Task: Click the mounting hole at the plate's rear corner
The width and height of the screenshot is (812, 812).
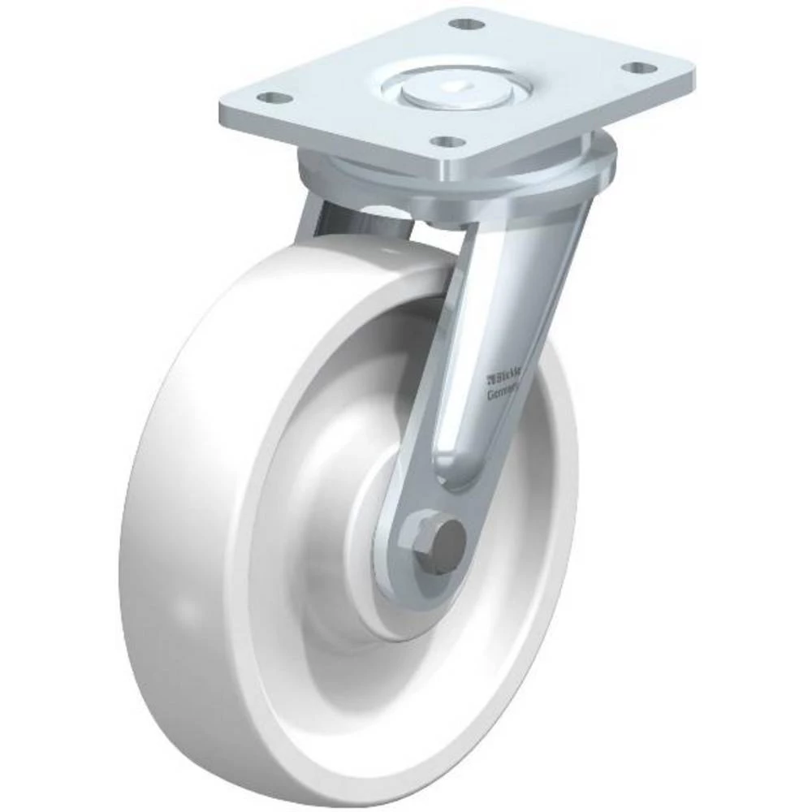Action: click(x=461, y=24)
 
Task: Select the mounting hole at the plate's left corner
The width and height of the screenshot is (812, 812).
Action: click(x=277, y=98)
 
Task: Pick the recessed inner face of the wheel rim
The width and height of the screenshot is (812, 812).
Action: click(x=292, y=503)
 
